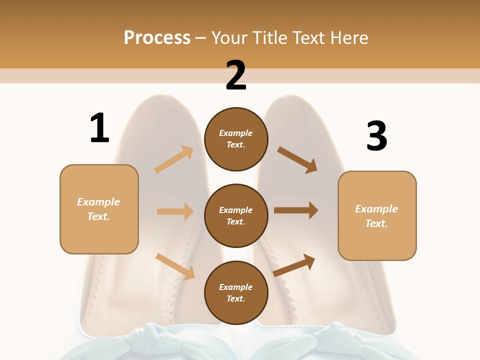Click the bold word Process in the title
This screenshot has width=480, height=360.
coord(157,37)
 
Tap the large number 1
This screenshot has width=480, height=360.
coord(99,128)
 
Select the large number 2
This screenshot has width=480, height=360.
coord(236,75)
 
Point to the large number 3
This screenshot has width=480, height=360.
coord(376,136)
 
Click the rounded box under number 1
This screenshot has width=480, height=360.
coord(99,209)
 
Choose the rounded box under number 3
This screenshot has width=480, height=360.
coord(377,215)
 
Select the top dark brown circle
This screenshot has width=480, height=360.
coord(236,139)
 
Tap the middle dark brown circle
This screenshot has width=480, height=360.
coord(236,215)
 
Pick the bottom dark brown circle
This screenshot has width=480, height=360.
coord(236,292)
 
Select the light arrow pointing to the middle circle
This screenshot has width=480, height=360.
coord(175,211)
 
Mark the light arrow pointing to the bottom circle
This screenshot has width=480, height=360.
coord(175,266)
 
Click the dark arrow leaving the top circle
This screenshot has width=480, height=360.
coord(297,160)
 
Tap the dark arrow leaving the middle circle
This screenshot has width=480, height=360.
coord(296,210)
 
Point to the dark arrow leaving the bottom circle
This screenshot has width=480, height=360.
coord(294,264)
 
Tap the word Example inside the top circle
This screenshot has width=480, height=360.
coord(236,133)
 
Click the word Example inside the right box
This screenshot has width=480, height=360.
coord(376,209)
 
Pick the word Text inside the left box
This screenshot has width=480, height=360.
coord(98,216)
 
